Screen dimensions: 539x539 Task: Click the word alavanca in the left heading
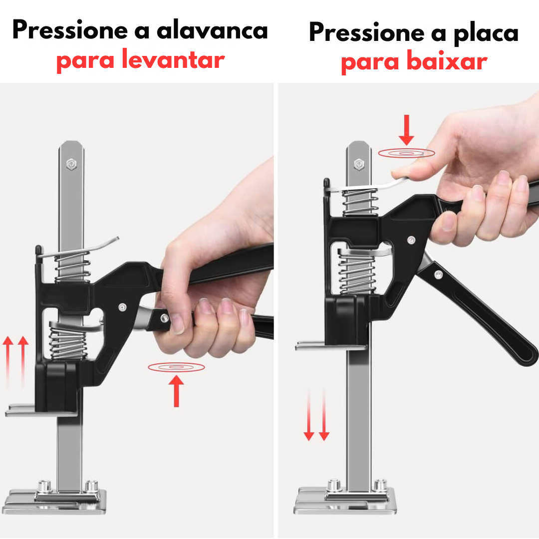click(x=212, y=30)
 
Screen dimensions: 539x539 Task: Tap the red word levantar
click(x=173, y=61)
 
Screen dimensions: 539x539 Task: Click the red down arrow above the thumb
click(x=406, y=129)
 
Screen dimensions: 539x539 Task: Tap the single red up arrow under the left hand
click(x=176, y=391)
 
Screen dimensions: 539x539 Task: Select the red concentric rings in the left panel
click(x=176, y=367)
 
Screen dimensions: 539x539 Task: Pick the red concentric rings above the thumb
click(x=406, y=153)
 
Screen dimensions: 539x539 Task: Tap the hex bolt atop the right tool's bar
click(x=358, y=164)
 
